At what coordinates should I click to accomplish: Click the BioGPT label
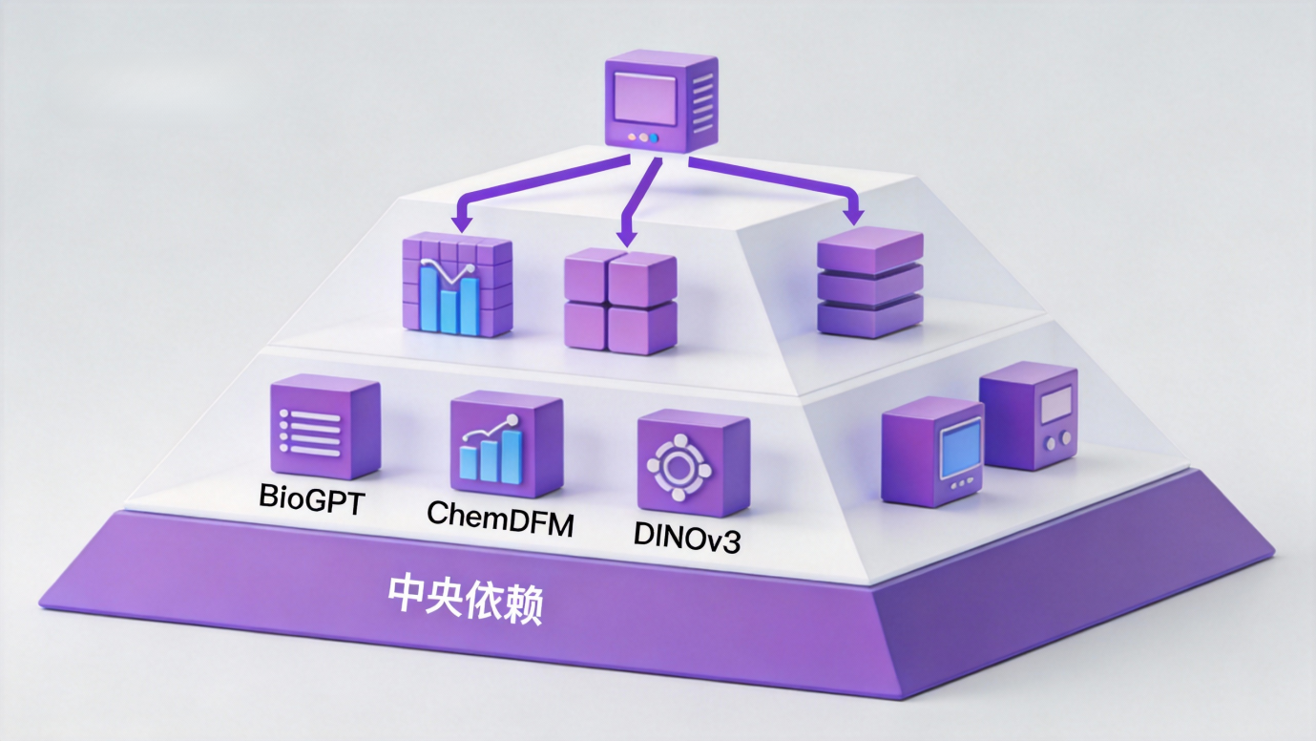[x=311, y=499]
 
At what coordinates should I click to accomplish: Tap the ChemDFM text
[x=500, y=516]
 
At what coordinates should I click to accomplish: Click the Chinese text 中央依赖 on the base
[x=465, y=598]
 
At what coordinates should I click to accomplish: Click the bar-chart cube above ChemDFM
[x=506, y=441]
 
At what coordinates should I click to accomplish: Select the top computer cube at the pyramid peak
[x=660, y=101]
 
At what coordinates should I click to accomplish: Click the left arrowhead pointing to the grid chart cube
[x=462, y=222]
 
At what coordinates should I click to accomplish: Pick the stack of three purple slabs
[x=870, y=283]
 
